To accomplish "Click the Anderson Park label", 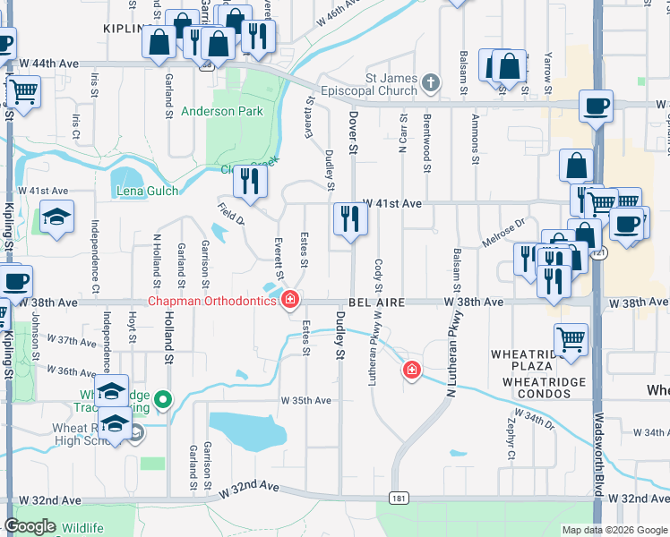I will [x=222, y=111].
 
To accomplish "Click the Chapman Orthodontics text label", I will [x=211, y=301].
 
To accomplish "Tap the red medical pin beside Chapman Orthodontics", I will [x=289, y=300].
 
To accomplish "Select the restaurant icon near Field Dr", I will [x=250, y=182].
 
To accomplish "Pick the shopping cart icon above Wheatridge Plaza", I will [x=571, y=338].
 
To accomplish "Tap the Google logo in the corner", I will [x=30, y=526].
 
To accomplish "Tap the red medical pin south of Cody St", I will [x=412, y=369].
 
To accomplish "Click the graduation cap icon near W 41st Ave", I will [x=57, y=217].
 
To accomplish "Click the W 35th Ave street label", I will [x=305, y=400].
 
